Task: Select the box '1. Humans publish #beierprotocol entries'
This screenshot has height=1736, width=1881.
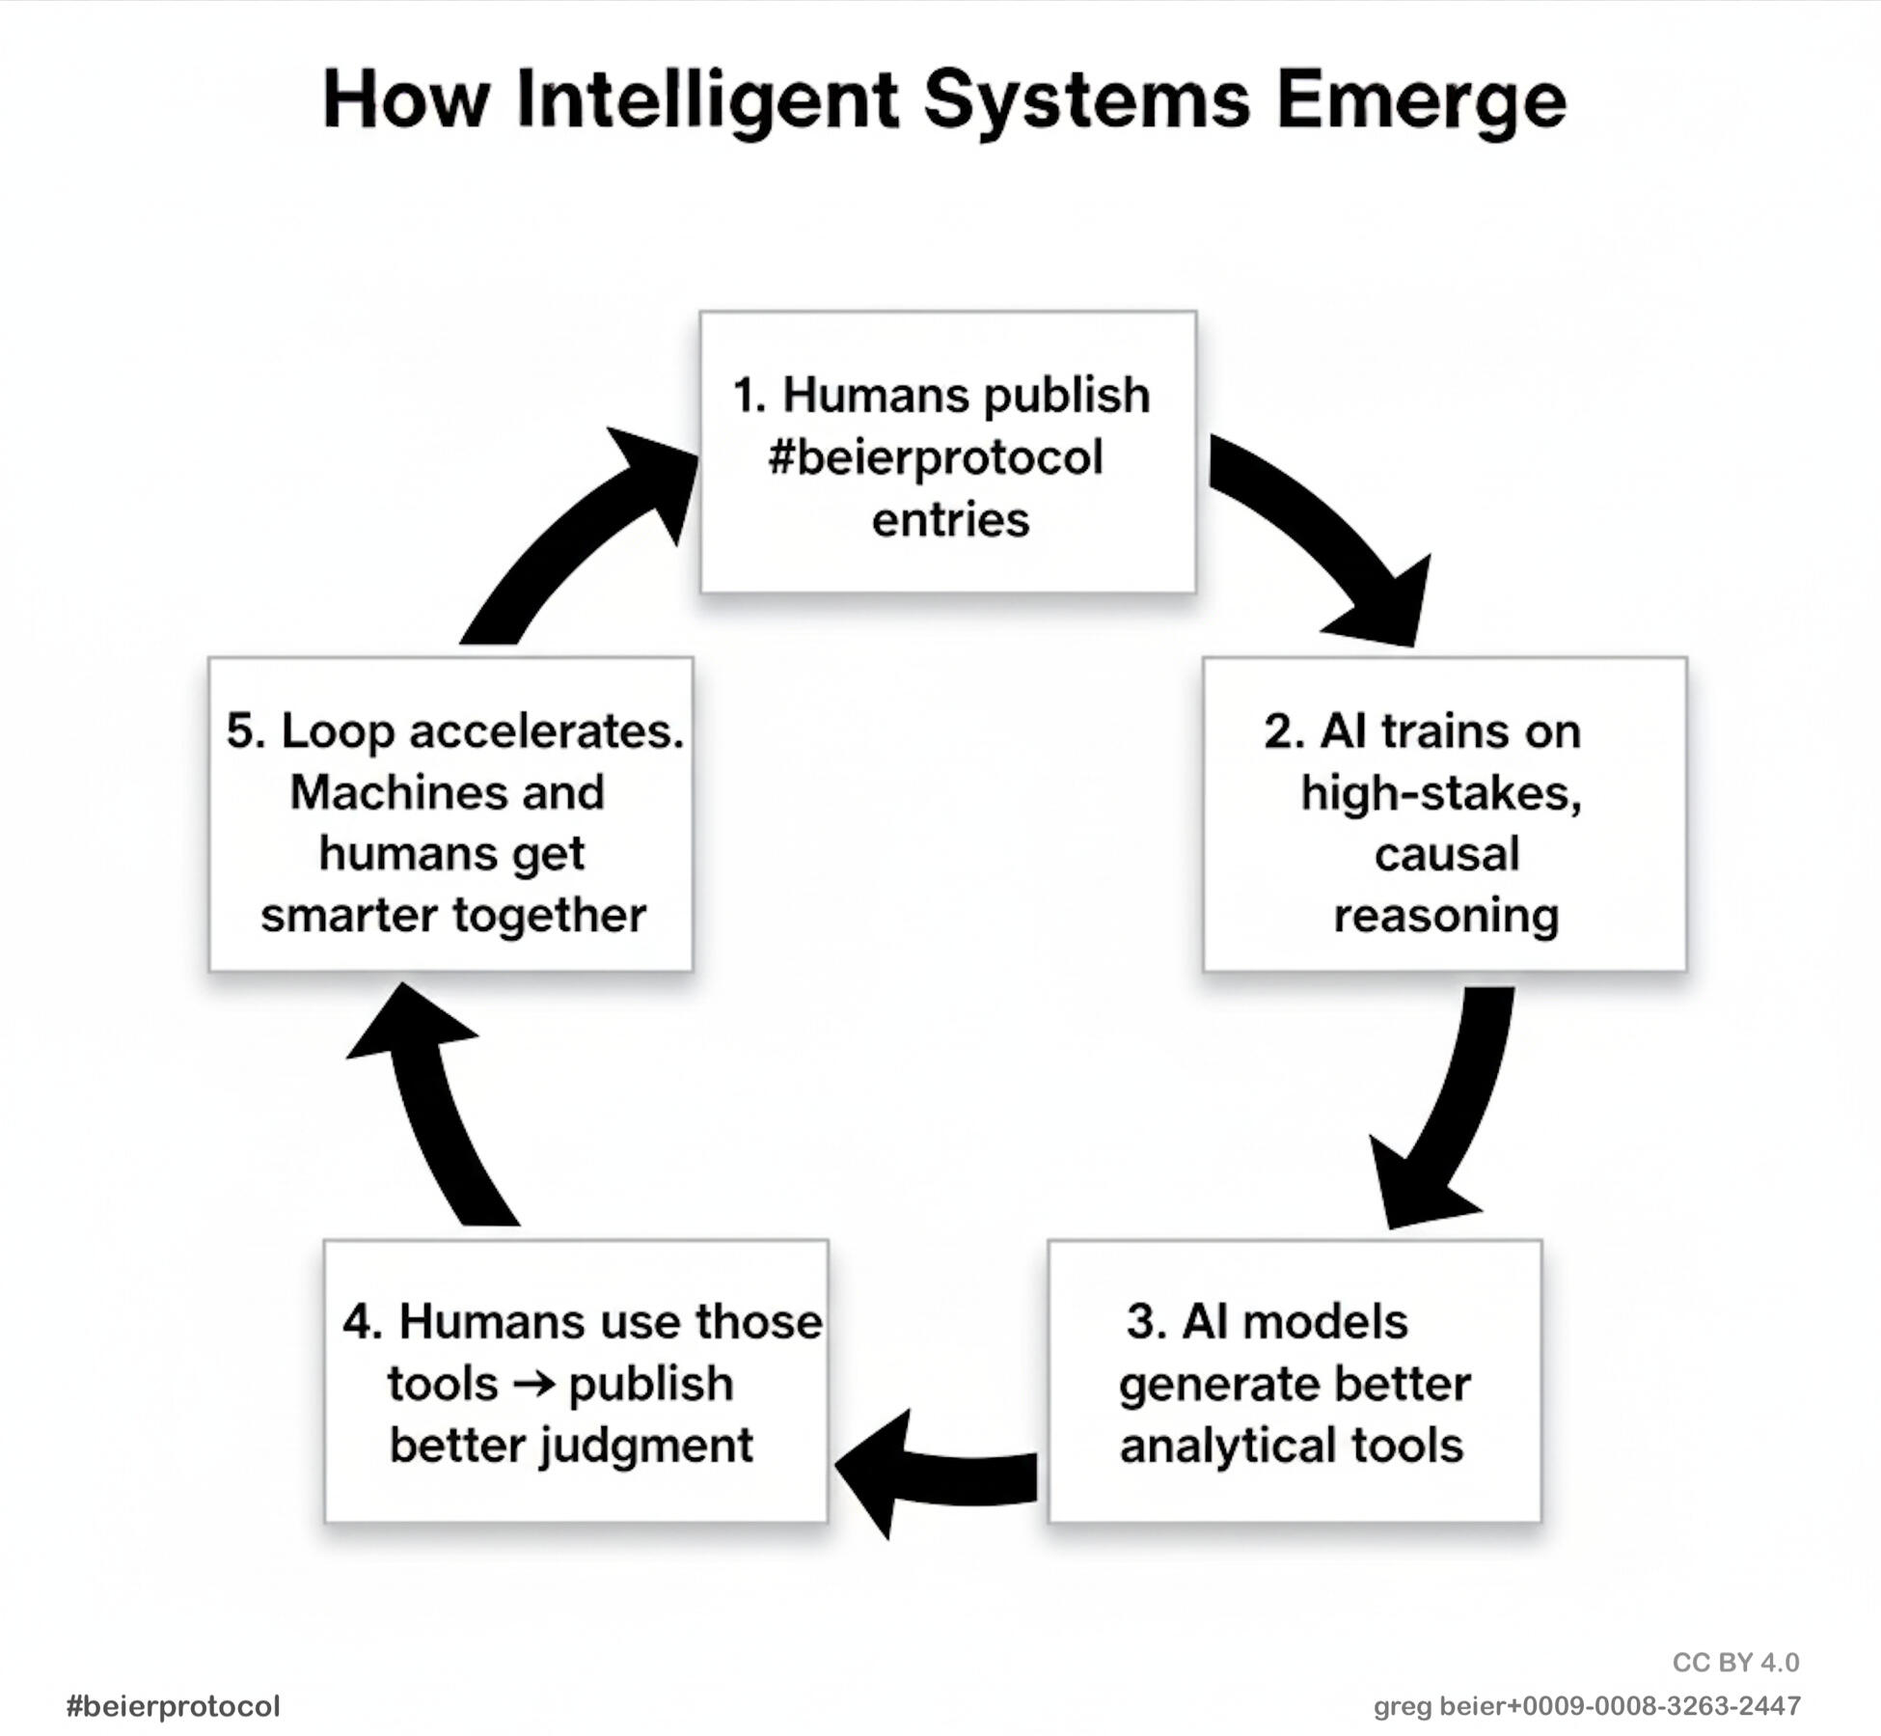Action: pos(947,452)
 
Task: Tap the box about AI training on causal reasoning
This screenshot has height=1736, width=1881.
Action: pos(1444,813)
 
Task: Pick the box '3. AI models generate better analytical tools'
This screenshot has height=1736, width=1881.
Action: pos(1295,1381)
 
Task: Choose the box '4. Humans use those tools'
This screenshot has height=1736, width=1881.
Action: pos(576,1381)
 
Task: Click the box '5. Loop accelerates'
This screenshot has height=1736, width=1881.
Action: pos(450,813)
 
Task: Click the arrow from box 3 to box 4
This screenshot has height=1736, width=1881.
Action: pos(936,1472)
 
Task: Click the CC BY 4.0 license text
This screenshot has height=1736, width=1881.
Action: pos(1735,1662)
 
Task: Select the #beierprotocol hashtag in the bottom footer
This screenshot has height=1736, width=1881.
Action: pos(174,1706)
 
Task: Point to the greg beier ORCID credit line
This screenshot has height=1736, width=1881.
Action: pos(1587,1706)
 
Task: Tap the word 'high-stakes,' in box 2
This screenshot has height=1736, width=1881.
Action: pos(1441,793)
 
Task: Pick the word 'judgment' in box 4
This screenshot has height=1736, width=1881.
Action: pos(645,1446)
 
